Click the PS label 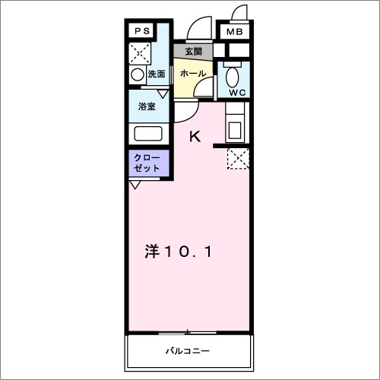[x=141, y=31]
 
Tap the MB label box [x=234, y=32]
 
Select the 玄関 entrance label [x=192, y=52]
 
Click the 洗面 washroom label [x=157, y=74]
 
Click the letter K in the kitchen [x=195, y=137]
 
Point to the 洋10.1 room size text [x=179, y=252]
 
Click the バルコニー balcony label [x=188, y=352]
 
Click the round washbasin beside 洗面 [x=137, y=74]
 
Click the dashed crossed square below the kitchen [x=239, y=158]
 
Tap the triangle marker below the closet [x=135, y=185]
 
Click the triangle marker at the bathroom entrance [x=162, y=93]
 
